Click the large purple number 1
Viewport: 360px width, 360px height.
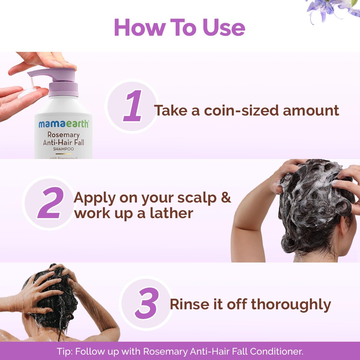click(x=133, y=106)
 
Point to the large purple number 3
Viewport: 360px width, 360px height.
click(x=146, y=303)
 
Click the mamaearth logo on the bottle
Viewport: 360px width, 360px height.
click(x=64, y=124)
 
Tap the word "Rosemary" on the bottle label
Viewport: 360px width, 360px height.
click(x=63, y=135)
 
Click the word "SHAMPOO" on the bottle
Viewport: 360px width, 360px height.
click(x=63, y=149)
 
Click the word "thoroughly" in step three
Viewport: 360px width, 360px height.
click(x=291, y=304)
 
